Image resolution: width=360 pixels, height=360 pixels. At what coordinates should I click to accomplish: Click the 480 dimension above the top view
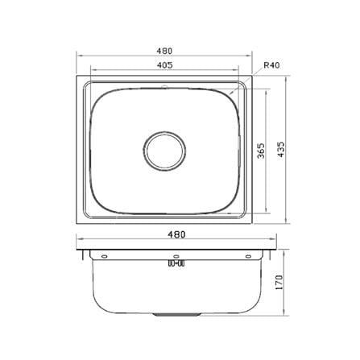164,51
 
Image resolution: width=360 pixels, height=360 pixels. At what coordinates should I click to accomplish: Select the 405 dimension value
164,64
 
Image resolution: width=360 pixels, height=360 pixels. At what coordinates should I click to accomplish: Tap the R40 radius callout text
271,65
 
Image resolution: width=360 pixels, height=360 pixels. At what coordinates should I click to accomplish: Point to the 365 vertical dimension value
261,151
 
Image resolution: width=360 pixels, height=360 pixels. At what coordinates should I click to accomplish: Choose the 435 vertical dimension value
280,150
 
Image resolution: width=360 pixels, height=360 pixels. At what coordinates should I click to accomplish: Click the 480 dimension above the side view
176,234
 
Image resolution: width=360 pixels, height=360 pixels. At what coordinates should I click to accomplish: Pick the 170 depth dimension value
279,282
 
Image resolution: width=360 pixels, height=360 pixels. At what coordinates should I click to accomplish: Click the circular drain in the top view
164,151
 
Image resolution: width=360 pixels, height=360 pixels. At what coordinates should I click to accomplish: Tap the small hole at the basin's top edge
163,87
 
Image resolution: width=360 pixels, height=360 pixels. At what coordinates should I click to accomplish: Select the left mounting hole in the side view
104,256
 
